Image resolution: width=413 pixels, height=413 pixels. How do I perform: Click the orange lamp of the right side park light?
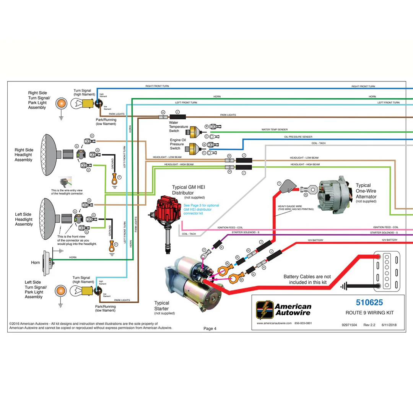60,103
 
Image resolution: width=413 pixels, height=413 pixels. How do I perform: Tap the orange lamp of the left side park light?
60,290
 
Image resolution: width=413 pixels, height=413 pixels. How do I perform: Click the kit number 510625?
369,303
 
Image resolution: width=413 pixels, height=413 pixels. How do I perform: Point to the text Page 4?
210,328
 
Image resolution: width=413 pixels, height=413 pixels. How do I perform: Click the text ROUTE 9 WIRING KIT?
369,313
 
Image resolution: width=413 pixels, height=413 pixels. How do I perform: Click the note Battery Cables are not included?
307,279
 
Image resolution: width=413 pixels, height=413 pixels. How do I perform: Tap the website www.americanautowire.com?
274,323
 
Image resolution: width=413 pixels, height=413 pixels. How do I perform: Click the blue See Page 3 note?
201,209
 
